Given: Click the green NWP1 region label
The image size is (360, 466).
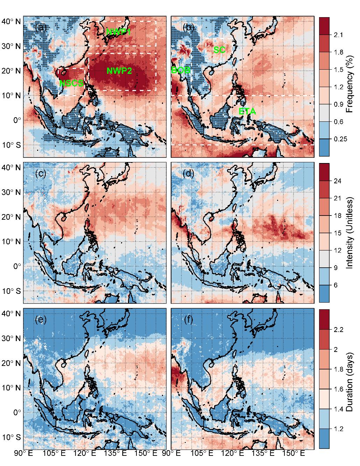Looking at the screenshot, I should click(x=119, y=32).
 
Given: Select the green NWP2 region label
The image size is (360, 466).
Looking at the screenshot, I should click(x=119, y=71).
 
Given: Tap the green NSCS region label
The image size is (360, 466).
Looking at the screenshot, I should click(x=71, y=83).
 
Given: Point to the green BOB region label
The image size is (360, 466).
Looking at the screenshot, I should click(x=181, y=70).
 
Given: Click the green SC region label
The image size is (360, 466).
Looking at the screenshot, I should click(x=219, y=50).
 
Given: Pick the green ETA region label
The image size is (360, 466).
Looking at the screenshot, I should click(x=247, y=112).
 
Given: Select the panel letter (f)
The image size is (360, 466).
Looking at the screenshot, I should click(x=189, y=320).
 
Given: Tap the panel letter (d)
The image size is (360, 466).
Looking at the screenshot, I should click(x=189, y=174).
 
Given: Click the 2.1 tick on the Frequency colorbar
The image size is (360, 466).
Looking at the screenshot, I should click(x=339, y=35).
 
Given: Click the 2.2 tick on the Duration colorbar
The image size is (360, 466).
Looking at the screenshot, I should click(x=339, y=330).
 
